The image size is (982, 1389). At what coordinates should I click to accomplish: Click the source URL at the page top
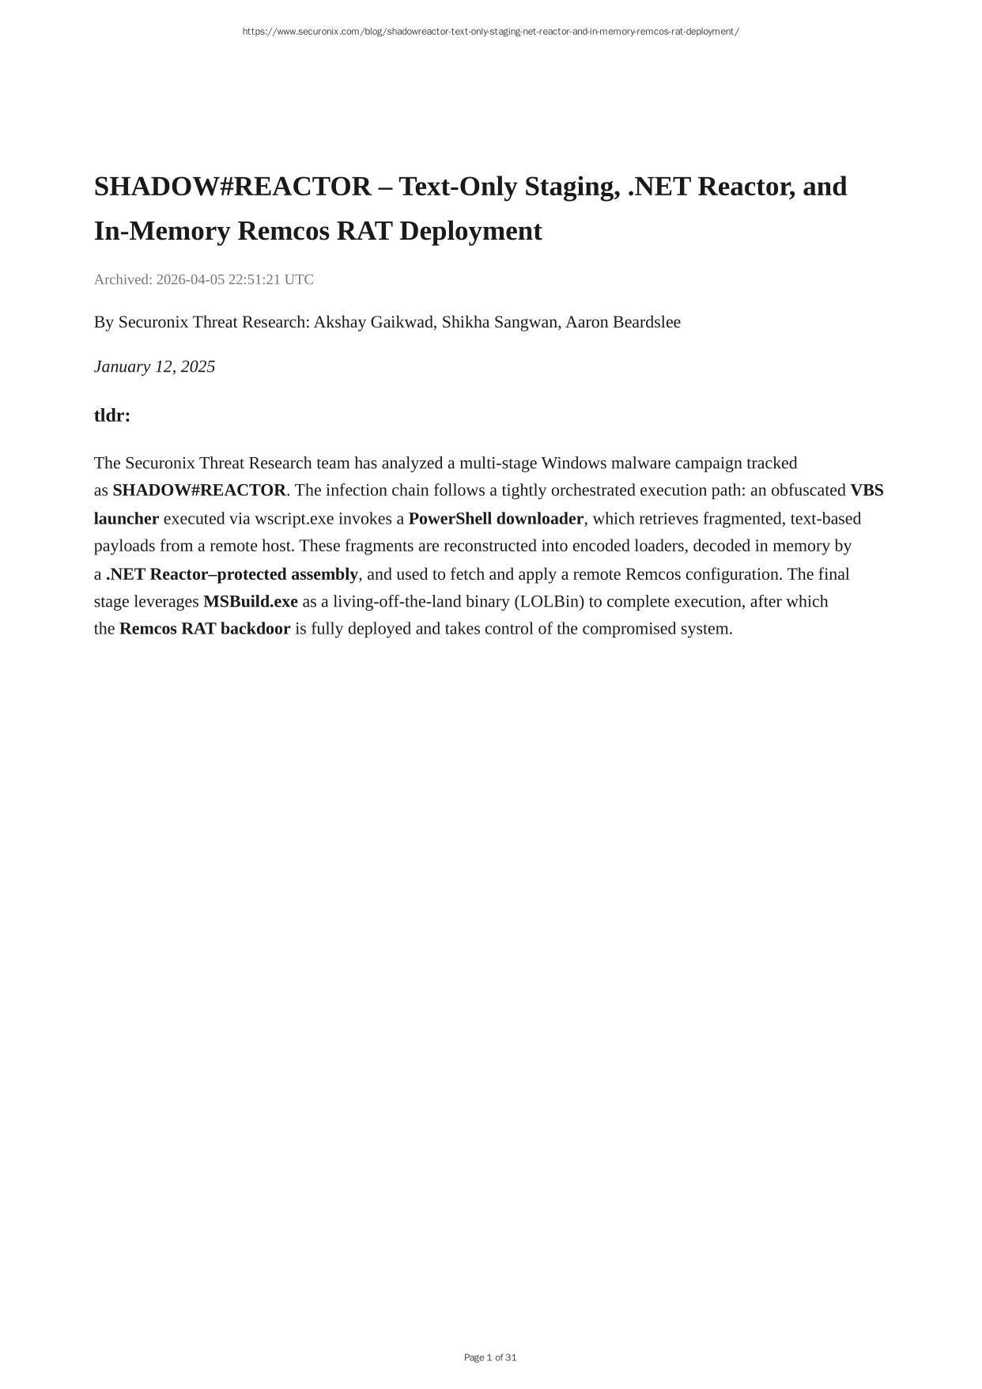click(x=490, y=32)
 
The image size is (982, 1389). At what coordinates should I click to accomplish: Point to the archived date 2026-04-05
click(x=191, y=279)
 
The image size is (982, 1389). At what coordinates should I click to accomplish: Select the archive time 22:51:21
click(x=255, y=279)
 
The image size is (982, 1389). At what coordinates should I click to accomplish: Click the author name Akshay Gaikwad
click(x=373, y=322)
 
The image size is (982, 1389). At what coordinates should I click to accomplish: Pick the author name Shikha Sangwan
click(x=499, y=322)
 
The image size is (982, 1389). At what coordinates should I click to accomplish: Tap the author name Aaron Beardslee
click(x=622, y=322)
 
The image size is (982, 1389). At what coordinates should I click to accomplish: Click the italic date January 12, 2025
click(x=154, y=366)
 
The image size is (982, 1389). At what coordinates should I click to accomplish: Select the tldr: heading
click(x=112, y=415)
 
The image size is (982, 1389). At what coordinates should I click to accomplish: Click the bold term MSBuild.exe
click(x=251, y=601)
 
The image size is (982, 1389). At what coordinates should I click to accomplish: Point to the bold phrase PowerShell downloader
click(x=496, y=519)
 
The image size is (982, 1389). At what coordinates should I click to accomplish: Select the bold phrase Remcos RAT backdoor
click(x=205, y=629)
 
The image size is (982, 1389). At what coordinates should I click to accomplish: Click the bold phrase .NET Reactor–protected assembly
click(x=232, y=573)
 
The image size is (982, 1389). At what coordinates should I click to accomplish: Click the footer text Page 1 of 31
click(x=490, y=1357)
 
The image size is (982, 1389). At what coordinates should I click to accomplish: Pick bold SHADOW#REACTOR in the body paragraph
click(x=199, y=490)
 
